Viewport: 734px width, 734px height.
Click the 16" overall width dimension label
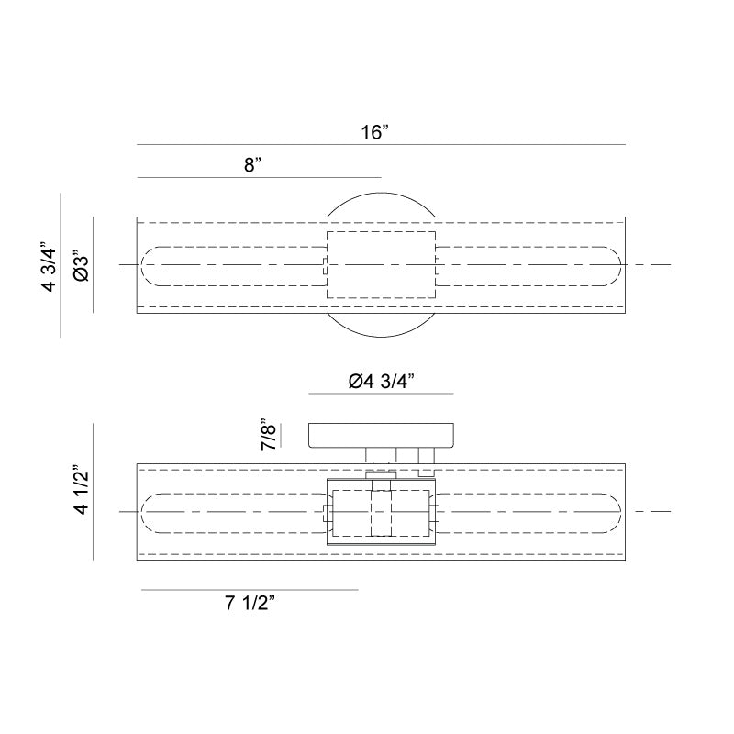point(374,132)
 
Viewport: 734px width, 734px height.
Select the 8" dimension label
point(252,165)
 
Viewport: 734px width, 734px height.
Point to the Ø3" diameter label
point(82,268)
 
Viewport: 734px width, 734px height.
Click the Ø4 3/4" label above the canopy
point(382,382)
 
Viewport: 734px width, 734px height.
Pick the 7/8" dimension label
point(268,434)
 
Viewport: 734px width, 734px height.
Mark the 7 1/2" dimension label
point(250,603)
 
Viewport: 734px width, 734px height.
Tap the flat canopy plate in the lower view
point(381,435)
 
